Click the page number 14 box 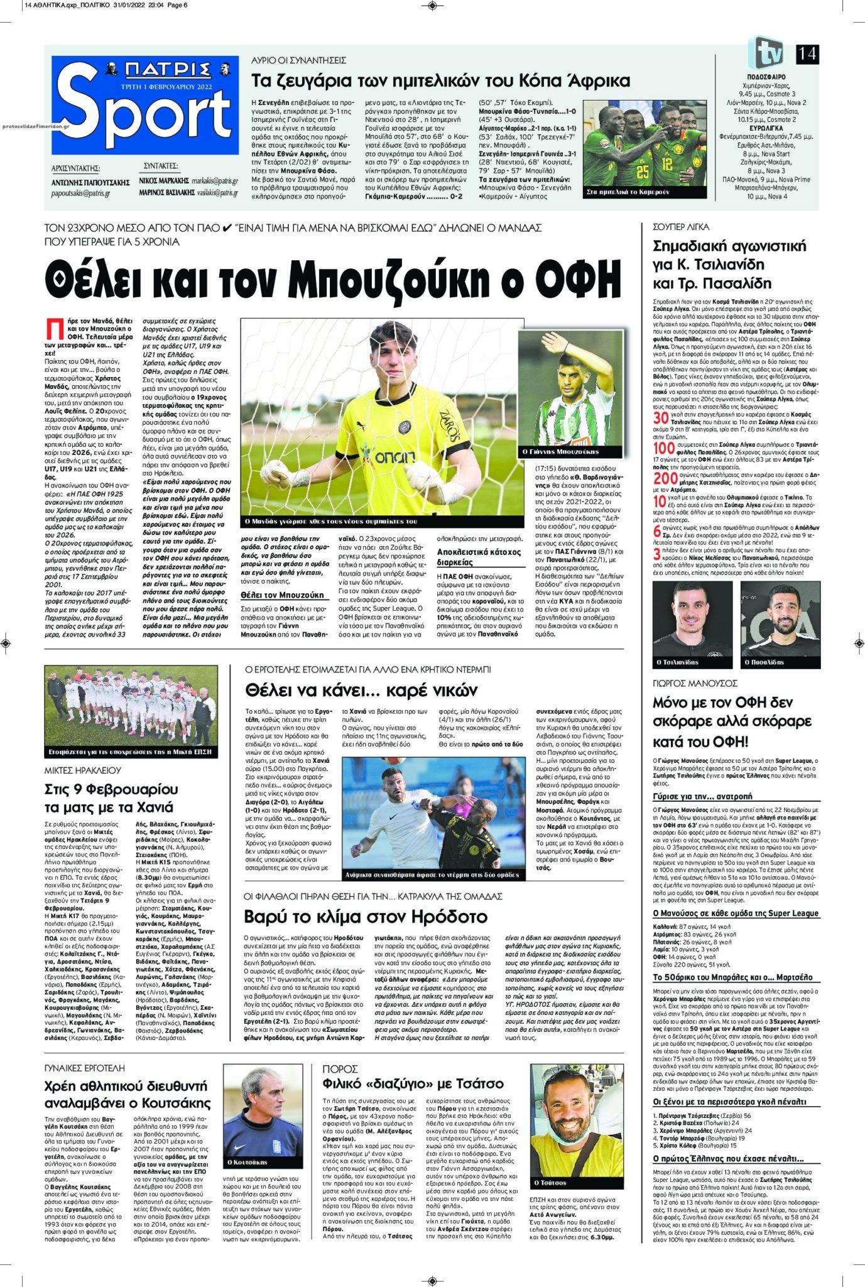coord(807,54)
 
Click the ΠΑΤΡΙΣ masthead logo coord(166,68)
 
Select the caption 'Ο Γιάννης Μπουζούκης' coord(560,451)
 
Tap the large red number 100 coord(664,448)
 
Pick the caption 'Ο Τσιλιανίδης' coord(677,662)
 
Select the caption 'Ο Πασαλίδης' coord(764,662)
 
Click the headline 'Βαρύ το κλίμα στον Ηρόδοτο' coord(366,916)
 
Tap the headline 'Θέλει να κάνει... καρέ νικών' coord(361,691)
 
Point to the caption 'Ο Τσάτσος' coord(550,1182)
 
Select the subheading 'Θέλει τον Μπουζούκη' coord(282,594)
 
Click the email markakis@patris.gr coord(215,181)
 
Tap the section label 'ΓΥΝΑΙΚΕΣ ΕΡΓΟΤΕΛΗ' coord(85,1068)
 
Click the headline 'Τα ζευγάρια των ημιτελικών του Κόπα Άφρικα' coord(440,81)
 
